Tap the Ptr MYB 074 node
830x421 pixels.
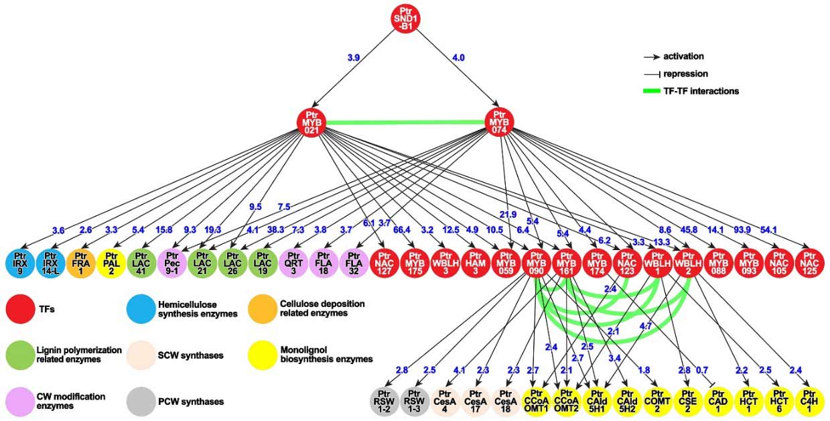(x=500, y=122)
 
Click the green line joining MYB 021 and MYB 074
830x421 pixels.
(x=406, y=122)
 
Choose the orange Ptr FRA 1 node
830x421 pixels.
(x=80, y=263)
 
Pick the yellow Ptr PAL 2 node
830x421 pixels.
(x=111, y=263)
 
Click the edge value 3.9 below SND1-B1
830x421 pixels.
(x=354, y=58)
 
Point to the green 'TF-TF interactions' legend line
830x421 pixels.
(x=659, y=91)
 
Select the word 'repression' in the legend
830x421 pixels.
(x=686, y=74)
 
